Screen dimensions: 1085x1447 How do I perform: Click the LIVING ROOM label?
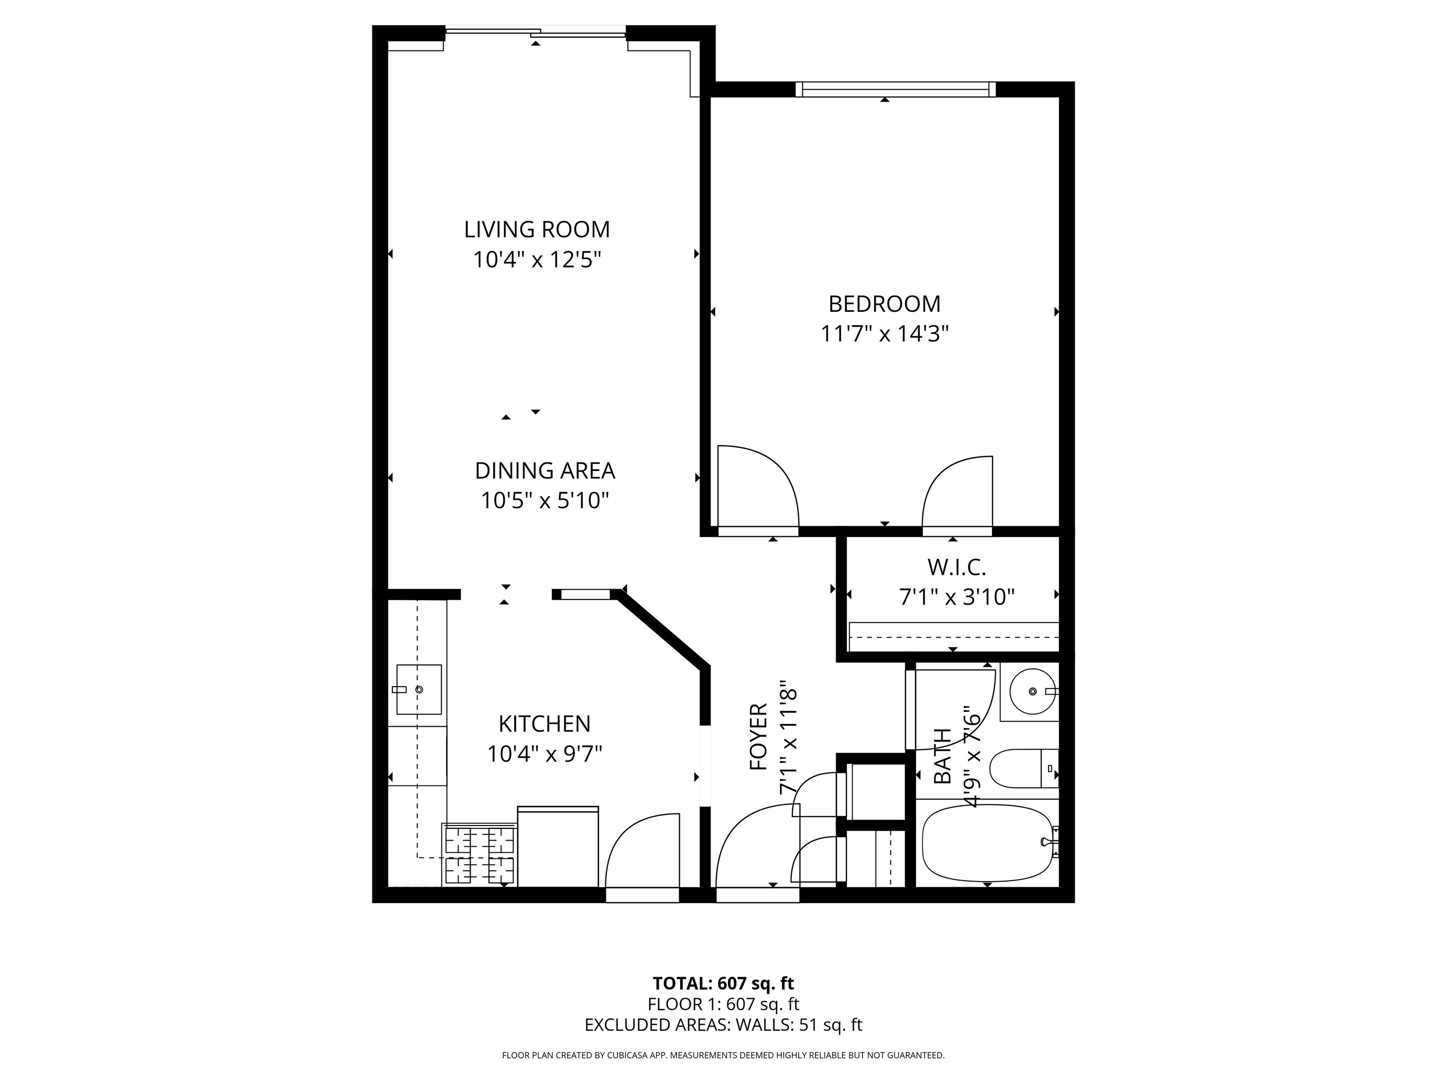[x=537, y=229]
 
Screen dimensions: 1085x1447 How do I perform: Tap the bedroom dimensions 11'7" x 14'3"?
[x=885, y=334]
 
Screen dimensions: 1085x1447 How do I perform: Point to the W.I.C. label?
[x=956, y=567]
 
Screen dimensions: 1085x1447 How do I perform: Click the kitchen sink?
[x=419, y=689]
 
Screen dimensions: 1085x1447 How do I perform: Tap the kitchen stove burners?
[x=480, y=855]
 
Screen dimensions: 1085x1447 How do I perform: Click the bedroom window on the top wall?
[x=895, y=89]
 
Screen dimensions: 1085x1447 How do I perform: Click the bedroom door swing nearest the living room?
[x=759, y=487]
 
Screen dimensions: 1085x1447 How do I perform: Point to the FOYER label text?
[x=758, y=737]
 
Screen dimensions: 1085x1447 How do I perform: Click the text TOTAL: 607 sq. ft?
[x=723, y=983]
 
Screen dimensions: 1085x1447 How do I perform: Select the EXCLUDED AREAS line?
[x=723, y=1025]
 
